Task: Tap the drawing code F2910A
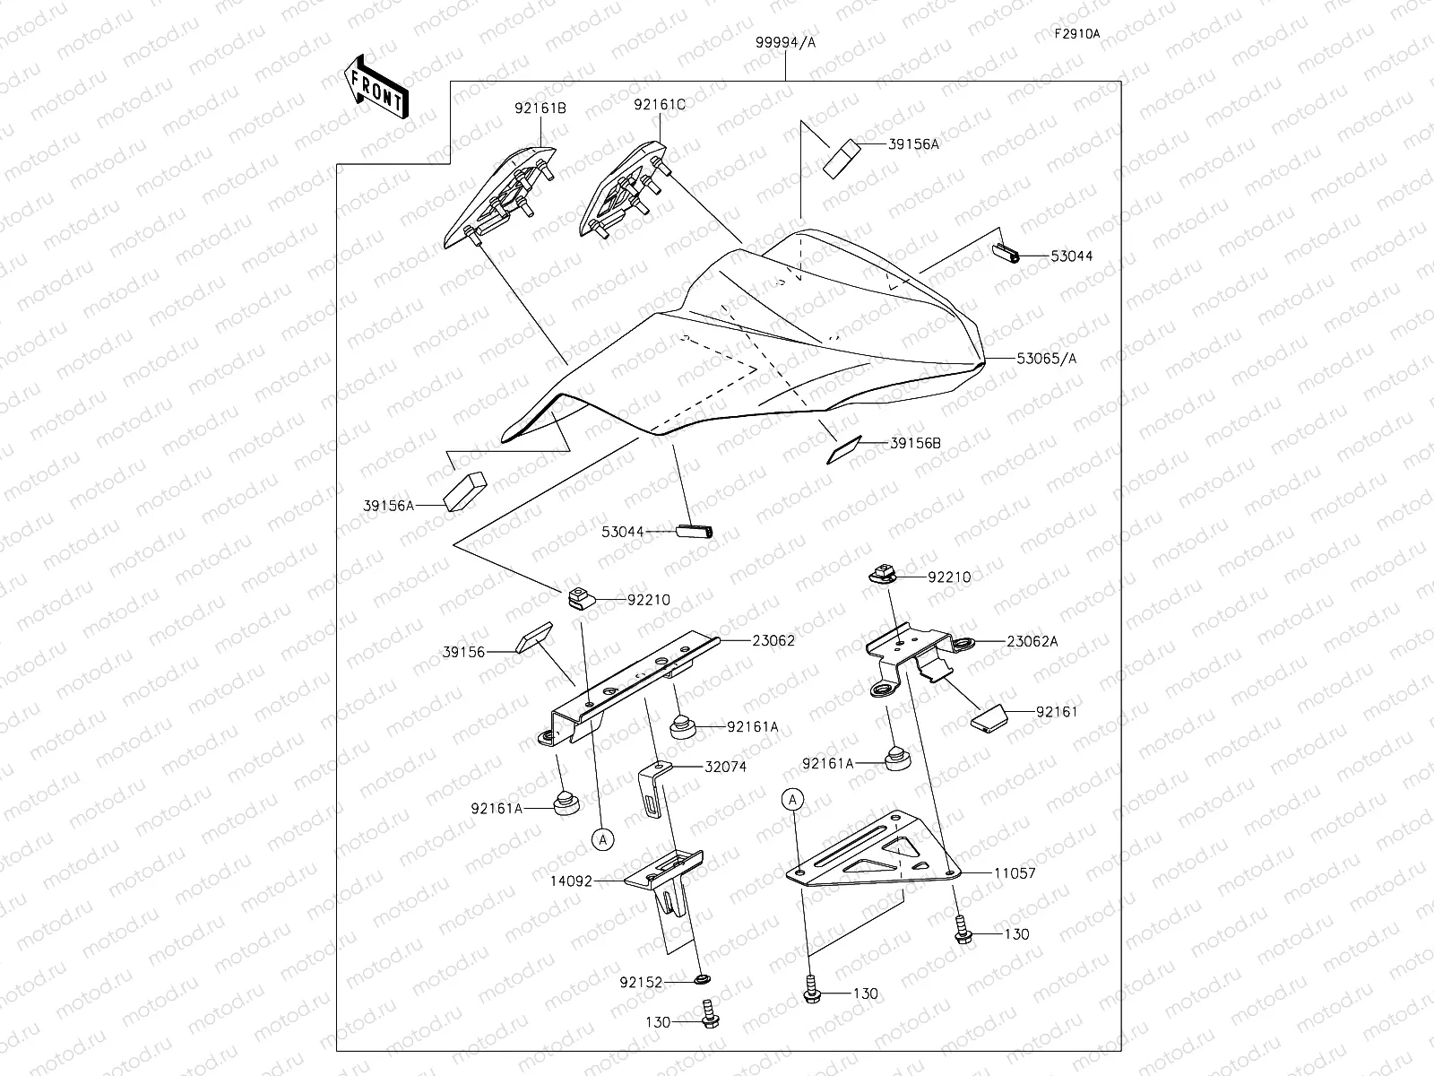point(1076,34)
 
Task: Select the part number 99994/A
point(786,42)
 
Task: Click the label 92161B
point(540,108)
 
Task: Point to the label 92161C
point(660,105)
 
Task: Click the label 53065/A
point(1047,359)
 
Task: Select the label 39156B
point(916,443)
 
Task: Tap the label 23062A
point(1032,641)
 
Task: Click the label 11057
point(1015,872)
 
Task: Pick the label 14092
point(573,881)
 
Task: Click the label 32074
point(726,767)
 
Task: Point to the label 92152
point(641,983)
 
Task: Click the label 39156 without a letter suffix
point(463,652)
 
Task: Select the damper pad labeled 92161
point(989,718)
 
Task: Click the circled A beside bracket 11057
point(793,799)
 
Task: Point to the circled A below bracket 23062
point(603,839)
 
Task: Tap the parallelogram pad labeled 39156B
point(843,450)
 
